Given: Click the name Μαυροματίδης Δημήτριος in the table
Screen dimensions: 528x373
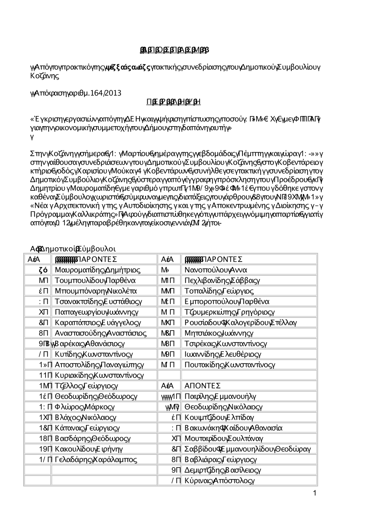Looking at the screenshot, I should point(97,270).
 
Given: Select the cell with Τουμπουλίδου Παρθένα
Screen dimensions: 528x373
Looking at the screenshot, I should point(95,280).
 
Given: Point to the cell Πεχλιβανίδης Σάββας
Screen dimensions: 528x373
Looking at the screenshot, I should point(222,280).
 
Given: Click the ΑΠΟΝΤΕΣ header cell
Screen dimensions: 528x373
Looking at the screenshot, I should point(203,385).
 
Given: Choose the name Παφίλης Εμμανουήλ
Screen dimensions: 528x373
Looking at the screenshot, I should point(220,396).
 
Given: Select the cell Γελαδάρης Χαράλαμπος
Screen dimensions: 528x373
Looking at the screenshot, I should point(96,459).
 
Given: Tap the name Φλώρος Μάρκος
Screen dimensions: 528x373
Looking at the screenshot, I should point(85,406).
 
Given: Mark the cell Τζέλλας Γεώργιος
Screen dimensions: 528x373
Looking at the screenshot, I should point(86,385).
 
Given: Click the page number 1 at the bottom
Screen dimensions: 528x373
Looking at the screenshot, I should point(314,493).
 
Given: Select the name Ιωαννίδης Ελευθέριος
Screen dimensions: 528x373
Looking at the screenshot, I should point(223,354).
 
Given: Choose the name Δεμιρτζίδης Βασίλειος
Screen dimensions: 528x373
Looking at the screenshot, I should point(223,470).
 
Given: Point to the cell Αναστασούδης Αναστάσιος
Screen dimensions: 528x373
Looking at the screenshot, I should point(100,333).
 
